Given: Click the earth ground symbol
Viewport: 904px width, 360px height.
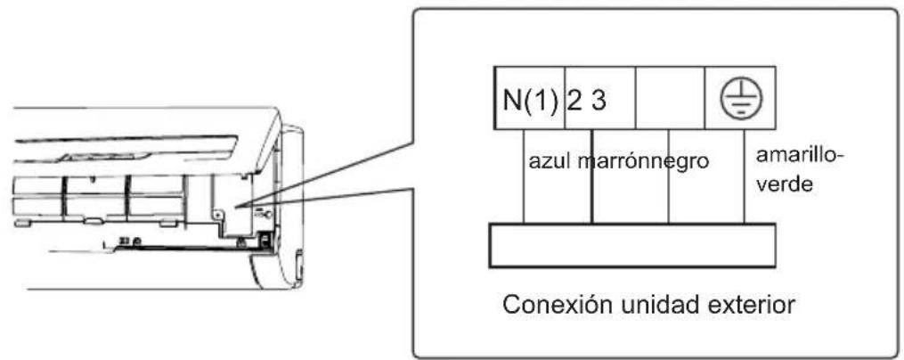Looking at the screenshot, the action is click(741, 98).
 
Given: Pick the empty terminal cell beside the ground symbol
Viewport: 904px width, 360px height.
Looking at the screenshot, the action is click(670, 97).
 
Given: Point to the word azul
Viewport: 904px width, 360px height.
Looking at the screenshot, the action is click(550, 162).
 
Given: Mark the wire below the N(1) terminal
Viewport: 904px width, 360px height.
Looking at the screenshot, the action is click(523, 176).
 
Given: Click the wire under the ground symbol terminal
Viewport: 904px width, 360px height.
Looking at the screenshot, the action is click(744, 176).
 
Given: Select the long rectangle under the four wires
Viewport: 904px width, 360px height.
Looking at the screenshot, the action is click(632, 246).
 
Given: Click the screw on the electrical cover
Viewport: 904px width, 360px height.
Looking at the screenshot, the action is click(217, 214).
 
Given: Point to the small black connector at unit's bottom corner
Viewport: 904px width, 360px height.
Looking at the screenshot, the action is click(266, 240).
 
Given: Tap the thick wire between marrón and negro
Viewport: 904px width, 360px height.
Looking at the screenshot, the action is click(592, 176).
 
